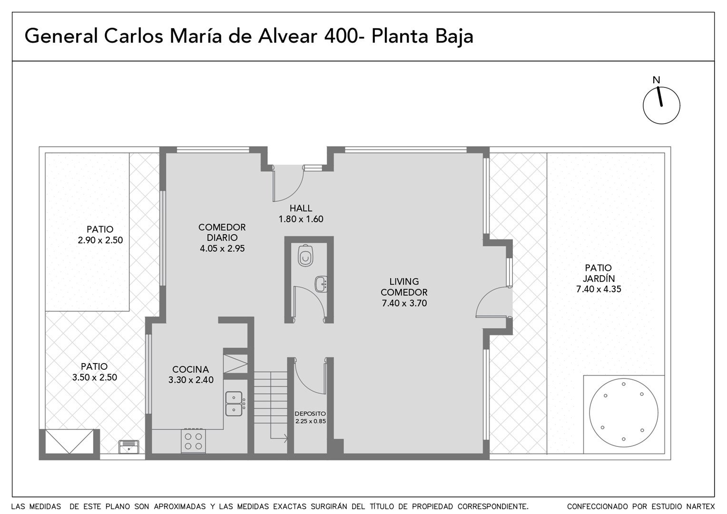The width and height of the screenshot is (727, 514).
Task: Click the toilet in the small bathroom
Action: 305,255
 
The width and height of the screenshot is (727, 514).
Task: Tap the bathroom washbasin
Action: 321,284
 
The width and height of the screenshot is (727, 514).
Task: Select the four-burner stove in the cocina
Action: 194,441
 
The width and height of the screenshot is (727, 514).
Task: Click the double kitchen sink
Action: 234,404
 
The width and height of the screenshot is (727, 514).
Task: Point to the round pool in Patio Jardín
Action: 623,413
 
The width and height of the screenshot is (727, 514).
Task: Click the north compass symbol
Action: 661,105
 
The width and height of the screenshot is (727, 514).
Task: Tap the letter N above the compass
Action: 656,80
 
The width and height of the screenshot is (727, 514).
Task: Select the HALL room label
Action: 301,208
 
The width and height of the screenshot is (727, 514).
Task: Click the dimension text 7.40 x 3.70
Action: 404,303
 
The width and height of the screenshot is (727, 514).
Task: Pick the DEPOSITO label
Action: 310,414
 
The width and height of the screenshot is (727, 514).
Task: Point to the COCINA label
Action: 190,369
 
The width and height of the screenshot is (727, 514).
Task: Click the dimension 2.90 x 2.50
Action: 100,240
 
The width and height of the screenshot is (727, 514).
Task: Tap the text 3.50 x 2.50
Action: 95,377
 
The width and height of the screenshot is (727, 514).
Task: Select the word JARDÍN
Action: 599,278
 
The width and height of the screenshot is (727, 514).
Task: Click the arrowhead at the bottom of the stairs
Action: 286,439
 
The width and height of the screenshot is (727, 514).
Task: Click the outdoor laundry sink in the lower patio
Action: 128,447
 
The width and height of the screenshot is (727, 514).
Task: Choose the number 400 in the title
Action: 340,36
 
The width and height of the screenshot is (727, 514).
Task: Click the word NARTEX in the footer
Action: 702,506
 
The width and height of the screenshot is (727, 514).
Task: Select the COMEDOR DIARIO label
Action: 222,232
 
